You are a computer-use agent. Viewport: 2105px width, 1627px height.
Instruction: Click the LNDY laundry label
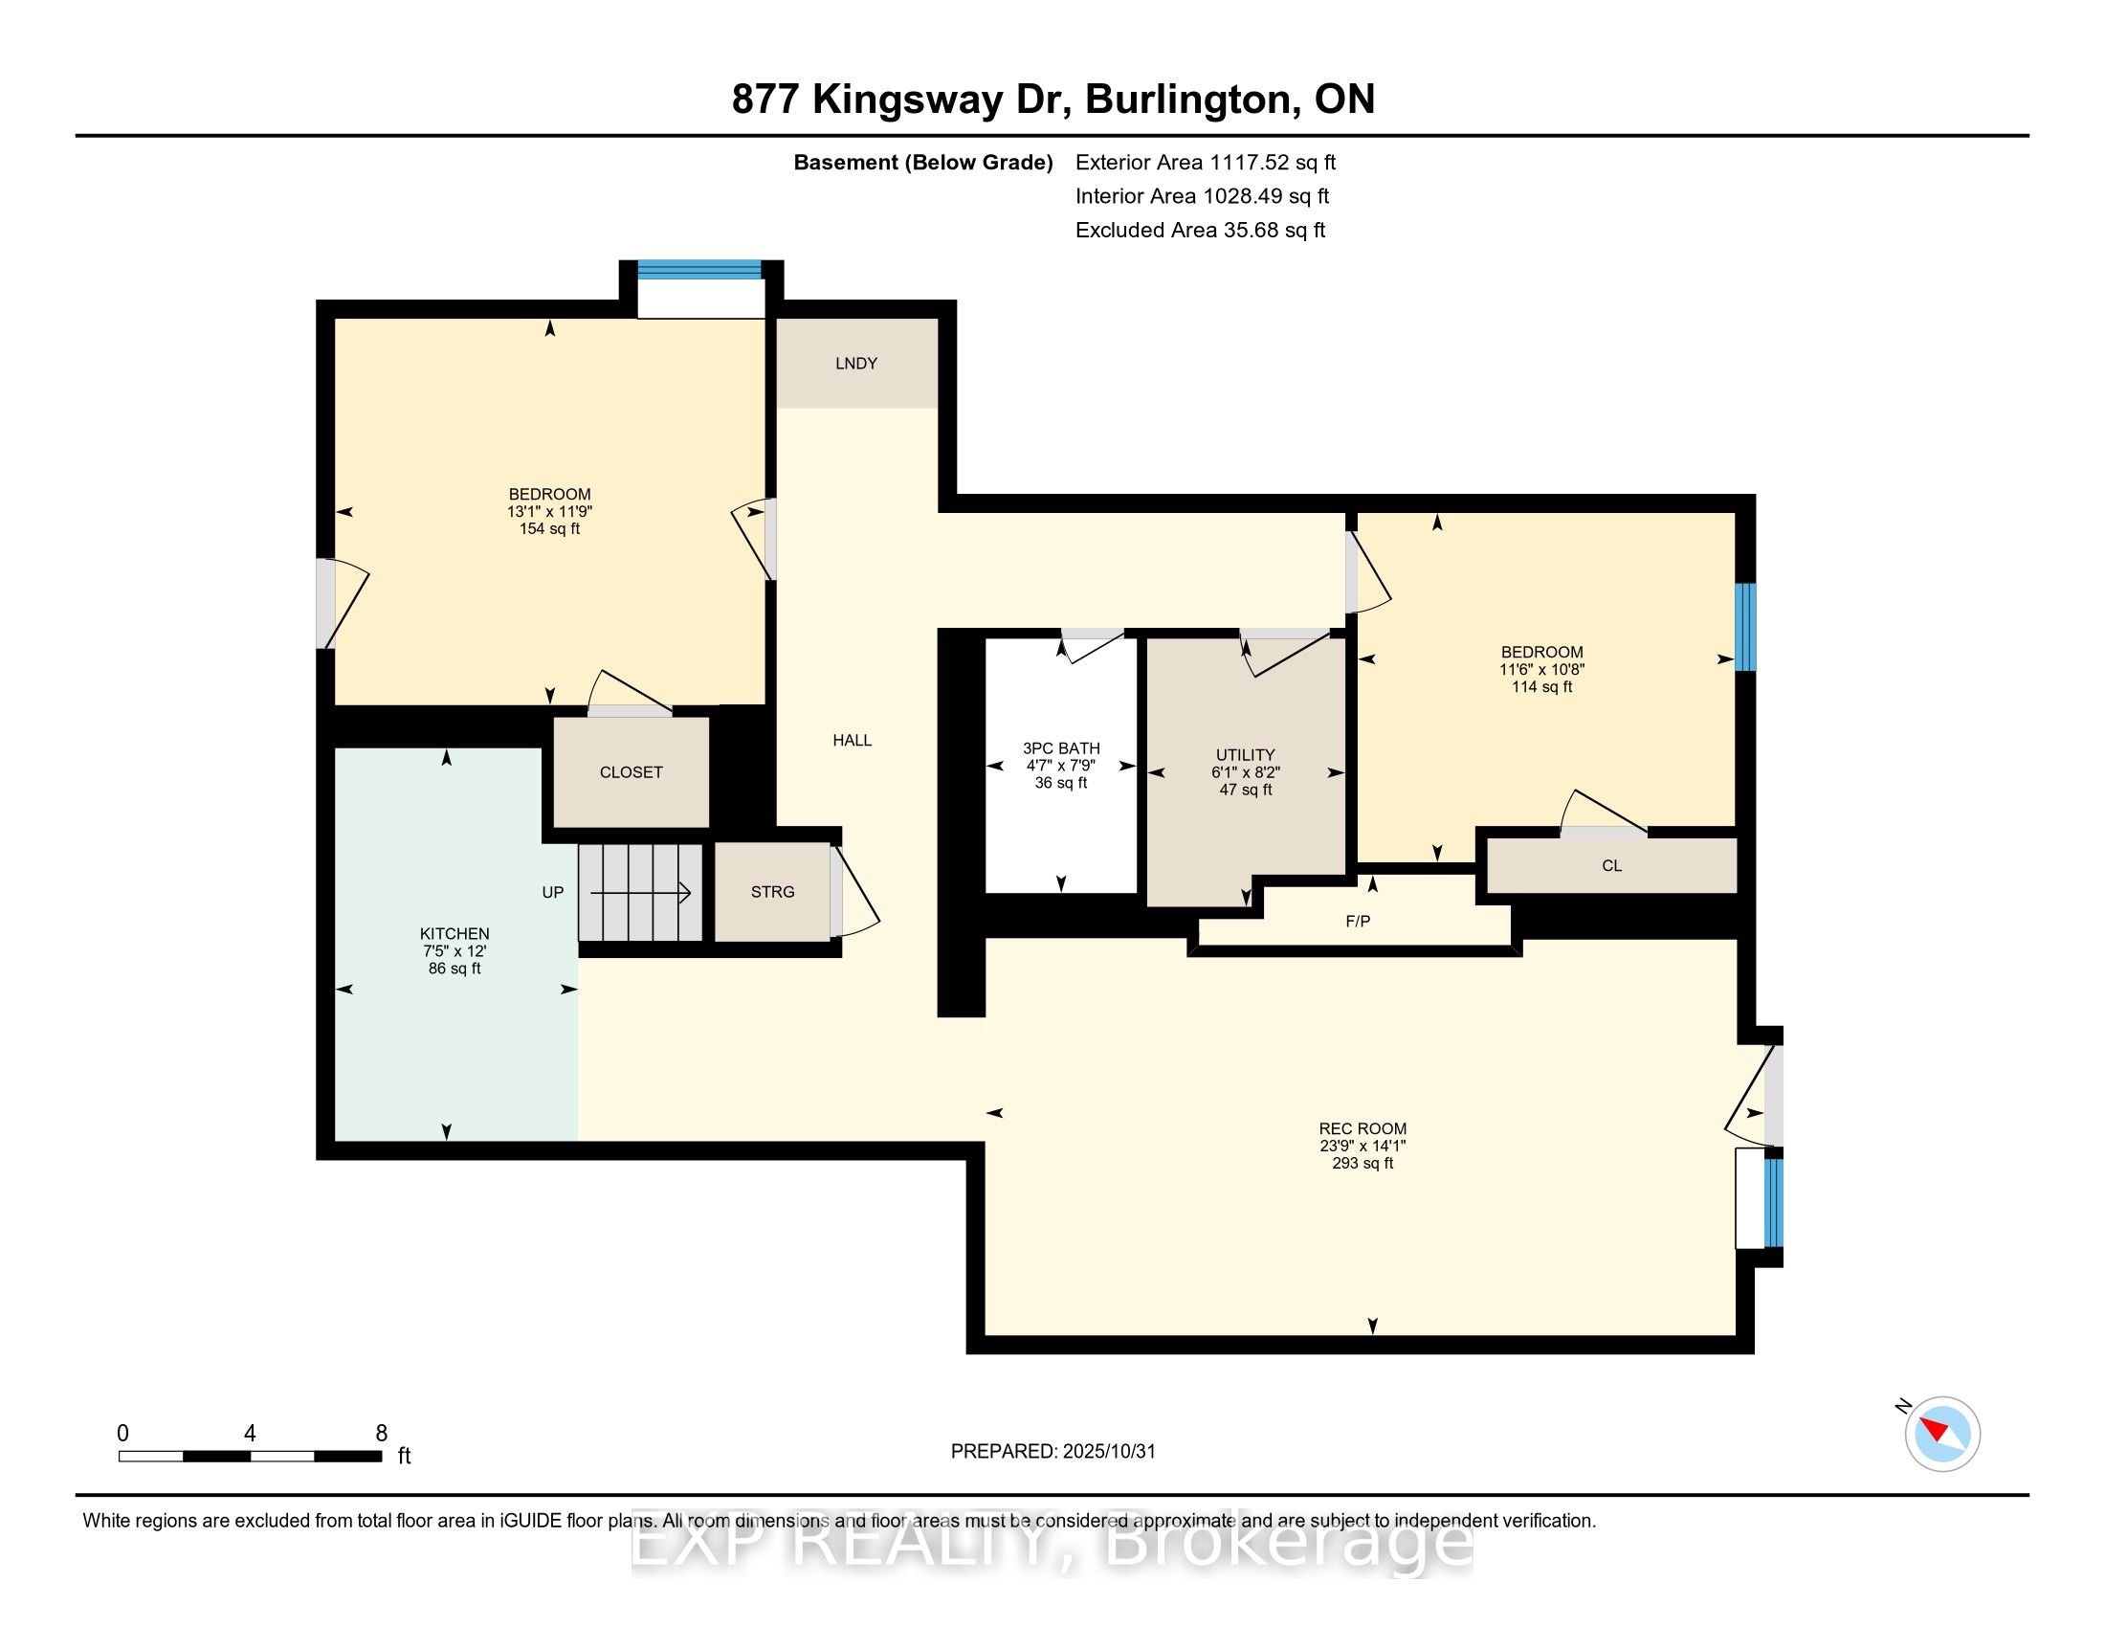pos(856,364)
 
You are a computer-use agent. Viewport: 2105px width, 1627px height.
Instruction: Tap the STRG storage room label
pos(772,892)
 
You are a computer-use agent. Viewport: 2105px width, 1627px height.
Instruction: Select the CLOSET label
pos(631,772)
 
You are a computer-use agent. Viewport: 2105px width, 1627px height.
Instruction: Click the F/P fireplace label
pos(1357,922)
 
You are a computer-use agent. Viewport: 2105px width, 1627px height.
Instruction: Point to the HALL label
pos(852,740)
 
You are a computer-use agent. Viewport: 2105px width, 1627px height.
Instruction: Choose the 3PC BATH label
pos(1061,748)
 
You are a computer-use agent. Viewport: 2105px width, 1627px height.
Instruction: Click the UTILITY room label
pos(1245,755)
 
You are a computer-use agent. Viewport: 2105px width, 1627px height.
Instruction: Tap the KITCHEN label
pos(454,933)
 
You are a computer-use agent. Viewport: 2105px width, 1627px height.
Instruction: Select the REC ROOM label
pos(1362,1128)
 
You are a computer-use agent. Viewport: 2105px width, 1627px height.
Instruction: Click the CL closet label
pos(1611,865)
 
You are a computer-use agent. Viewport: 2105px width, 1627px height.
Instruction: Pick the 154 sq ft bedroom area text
pos(549,529)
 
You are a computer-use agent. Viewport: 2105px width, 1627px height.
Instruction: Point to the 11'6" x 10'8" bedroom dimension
pos(1541,669)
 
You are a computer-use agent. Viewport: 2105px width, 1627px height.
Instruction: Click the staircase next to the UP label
pos(640,892)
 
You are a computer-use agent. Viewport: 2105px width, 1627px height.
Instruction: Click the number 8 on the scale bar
pos(382,1434)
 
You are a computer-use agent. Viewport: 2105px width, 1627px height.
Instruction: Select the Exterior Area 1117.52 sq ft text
pos(1206,162)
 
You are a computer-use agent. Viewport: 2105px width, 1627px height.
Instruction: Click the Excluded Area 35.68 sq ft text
pos(1201,231)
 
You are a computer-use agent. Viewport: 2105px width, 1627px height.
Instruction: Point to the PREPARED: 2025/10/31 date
pos(1052,1452)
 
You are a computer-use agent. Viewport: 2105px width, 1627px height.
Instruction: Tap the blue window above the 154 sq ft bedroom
pos(699,270)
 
